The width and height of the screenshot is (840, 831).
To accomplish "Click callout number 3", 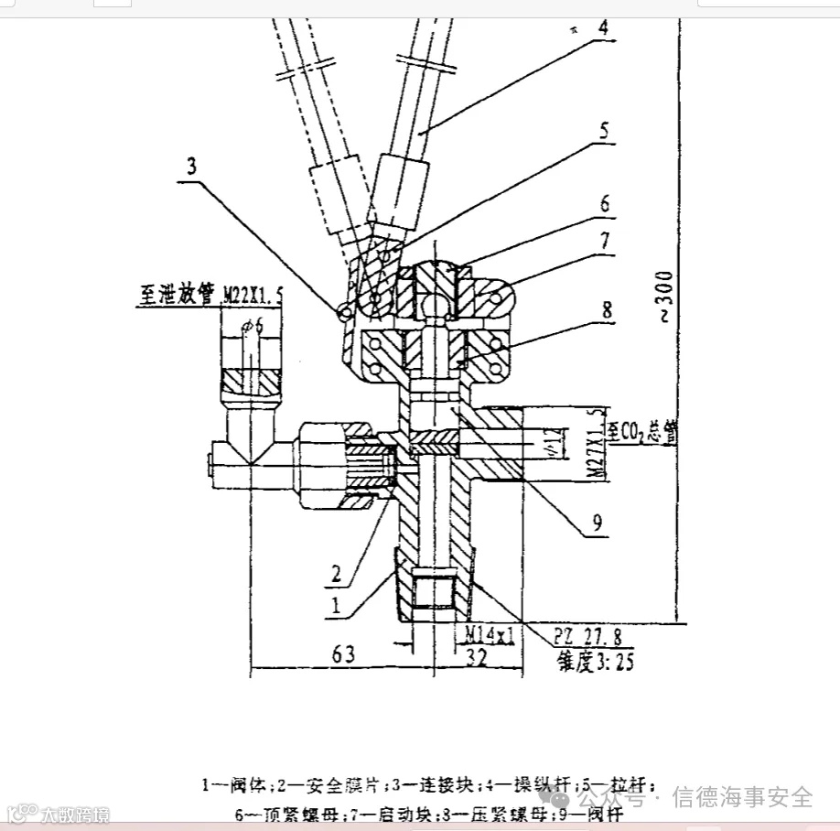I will pos(191,167).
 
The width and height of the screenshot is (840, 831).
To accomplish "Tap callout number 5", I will pos(603,131).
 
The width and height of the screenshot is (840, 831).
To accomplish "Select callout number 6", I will pos(604,204).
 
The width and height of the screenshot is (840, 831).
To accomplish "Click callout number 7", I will pos(604,243).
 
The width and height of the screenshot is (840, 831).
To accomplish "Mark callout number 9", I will pos(598,523).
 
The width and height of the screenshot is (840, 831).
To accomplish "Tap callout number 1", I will pos(336,605).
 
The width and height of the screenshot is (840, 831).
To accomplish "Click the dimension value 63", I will pos(342,653).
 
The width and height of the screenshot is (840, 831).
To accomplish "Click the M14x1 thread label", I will pos(489,633).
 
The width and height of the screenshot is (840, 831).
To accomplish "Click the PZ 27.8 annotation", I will pos(593,633).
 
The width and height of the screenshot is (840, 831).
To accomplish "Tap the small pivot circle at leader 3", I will pos(344,312).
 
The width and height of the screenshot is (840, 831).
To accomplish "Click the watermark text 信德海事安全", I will pos(742,797).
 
